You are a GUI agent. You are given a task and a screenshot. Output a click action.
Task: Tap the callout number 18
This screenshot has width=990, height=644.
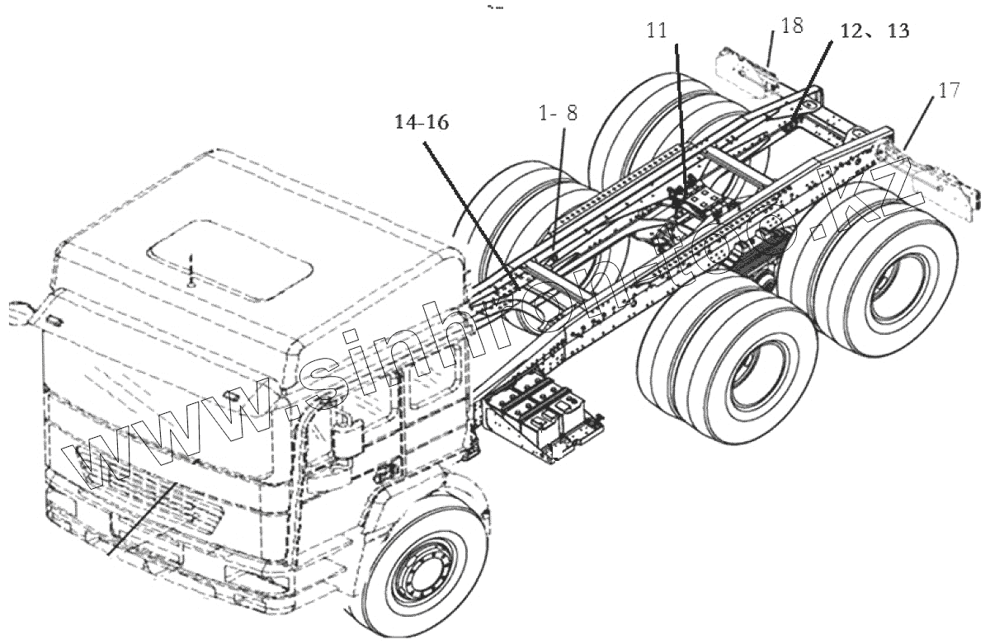tap(790, 26)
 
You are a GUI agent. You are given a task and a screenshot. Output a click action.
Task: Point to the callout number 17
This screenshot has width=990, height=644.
tap(949, 90)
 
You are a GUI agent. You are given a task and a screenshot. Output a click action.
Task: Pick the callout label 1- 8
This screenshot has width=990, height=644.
tap(559, 113)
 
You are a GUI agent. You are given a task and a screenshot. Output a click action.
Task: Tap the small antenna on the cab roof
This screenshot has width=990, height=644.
tap(191, 272)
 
